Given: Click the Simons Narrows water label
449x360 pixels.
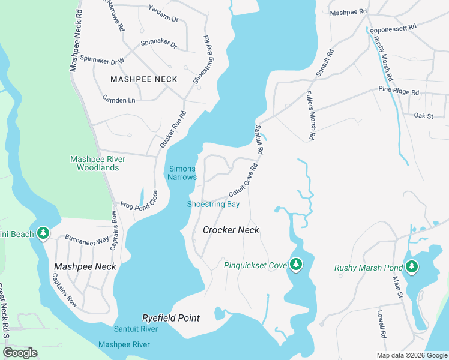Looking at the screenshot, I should point(182,173).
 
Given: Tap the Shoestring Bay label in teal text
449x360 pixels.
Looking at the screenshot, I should point(213,204).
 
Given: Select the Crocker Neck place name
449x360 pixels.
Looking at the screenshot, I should point(231,230).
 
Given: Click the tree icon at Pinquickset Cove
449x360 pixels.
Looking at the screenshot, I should point(295,265).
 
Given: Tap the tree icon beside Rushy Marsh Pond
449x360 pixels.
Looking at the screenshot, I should point(411,267).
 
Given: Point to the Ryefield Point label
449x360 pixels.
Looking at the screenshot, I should point(170,318).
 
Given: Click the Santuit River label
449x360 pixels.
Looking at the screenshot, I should point(136,329).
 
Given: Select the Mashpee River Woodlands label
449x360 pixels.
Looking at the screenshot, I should point(97,163).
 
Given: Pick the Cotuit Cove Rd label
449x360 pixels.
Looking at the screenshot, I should point(243,181).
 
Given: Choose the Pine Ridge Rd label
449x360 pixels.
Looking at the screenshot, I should point(398,90).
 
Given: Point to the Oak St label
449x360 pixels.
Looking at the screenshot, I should point(423,115).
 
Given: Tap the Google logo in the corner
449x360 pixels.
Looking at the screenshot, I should point(20,353).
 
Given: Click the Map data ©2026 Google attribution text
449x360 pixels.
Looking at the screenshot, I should point(411,355).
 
